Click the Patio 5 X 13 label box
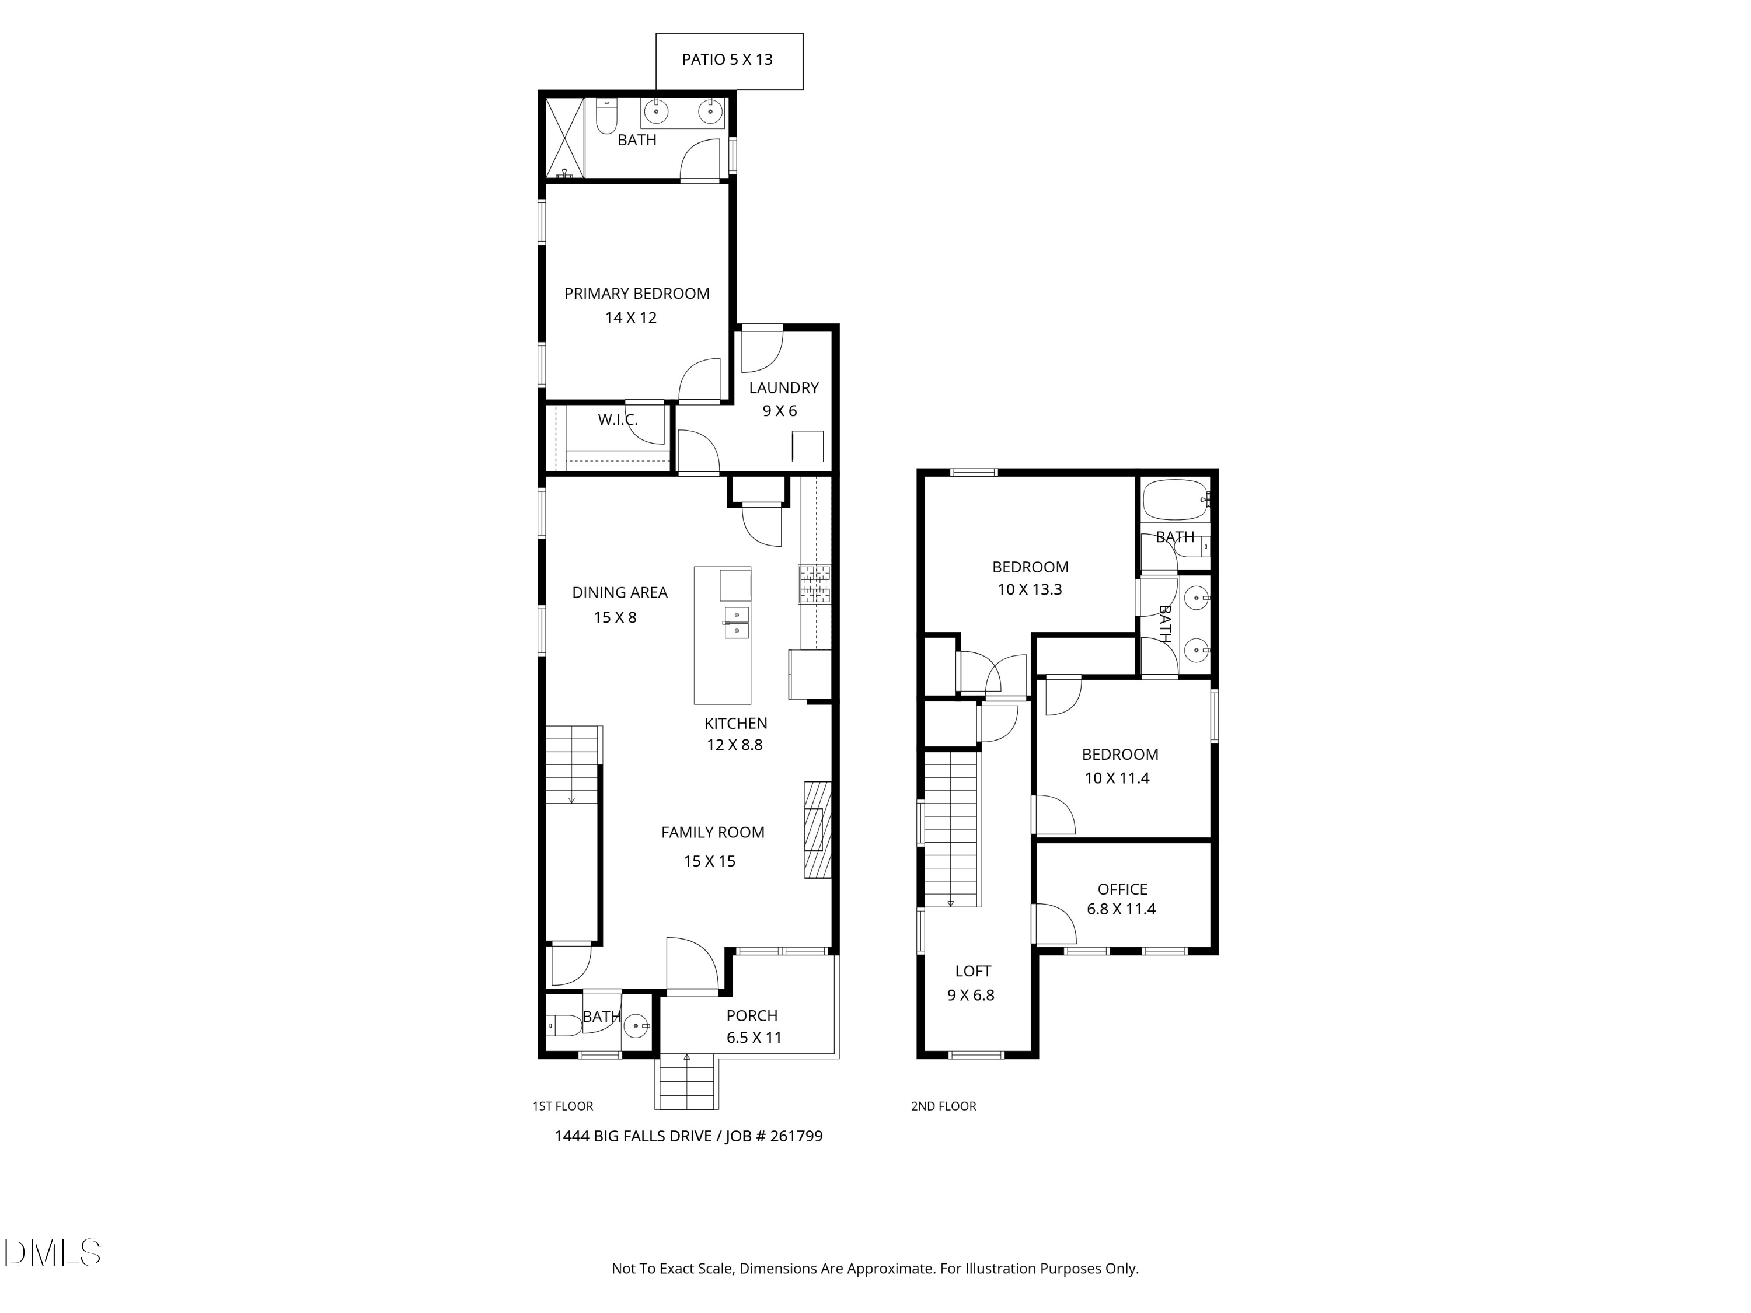(x=729, y=61)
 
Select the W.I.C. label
(x=618, y=420)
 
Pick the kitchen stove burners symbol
(x=815, y=584)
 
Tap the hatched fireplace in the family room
(x=818, y=829)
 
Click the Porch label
(x=752, y=1015)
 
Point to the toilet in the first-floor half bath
(x=564, y=1026)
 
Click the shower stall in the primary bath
(x=564, y=138)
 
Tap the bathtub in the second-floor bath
(x=1176, y=500)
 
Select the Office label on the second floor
(x=1122, y=889)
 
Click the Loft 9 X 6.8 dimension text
(x=971, y=995)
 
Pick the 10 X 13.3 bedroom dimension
(x=1029, y=589)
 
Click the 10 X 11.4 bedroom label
(x=1117, y=778)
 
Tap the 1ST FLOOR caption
(x=563, y=1106)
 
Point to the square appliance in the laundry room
(x=807, y=446)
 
